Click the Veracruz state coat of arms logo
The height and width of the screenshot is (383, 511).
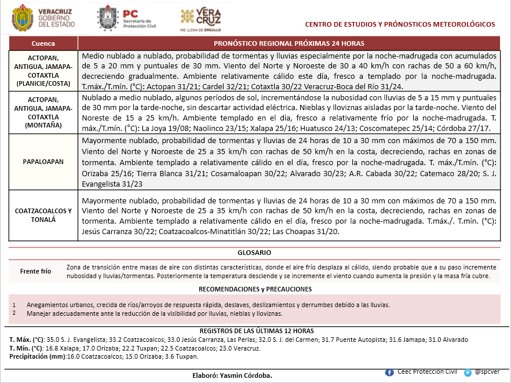(x=23, y=18)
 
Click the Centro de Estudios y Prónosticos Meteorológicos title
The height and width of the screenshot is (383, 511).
(x=400, y=24)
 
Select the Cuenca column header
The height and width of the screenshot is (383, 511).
(x=43, y=44)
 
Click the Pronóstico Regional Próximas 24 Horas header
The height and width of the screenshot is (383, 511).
(x=289, y=44)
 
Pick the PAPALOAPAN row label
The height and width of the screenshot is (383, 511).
(x=43, y=162)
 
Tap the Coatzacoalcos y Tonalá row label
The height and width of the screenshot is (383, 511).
(x=43, y=216)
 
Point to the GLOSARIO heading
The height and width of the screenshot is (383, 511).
(x=254, y=253)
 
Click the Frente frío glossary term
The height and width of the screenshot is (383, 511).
(x=35, y=271)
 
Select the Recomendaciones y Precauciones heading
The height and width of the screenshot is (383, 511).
(x=254, y=289)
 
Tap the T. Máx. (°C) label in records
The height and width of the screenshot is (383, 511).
(x=27, y=340)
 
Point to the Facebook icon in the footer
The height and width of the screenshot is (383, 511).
(x=389, y=372)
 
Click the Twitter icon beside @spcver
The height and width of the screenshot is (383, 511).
(x=467, y=373)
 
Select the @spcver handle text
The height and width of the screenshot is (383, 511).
(x=487, y=372)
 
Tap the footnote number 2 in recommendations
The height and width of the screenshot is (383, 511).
(x=13, y=313)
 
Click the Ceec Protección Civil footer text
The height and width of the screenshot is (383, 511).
(x=426, y=371)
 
